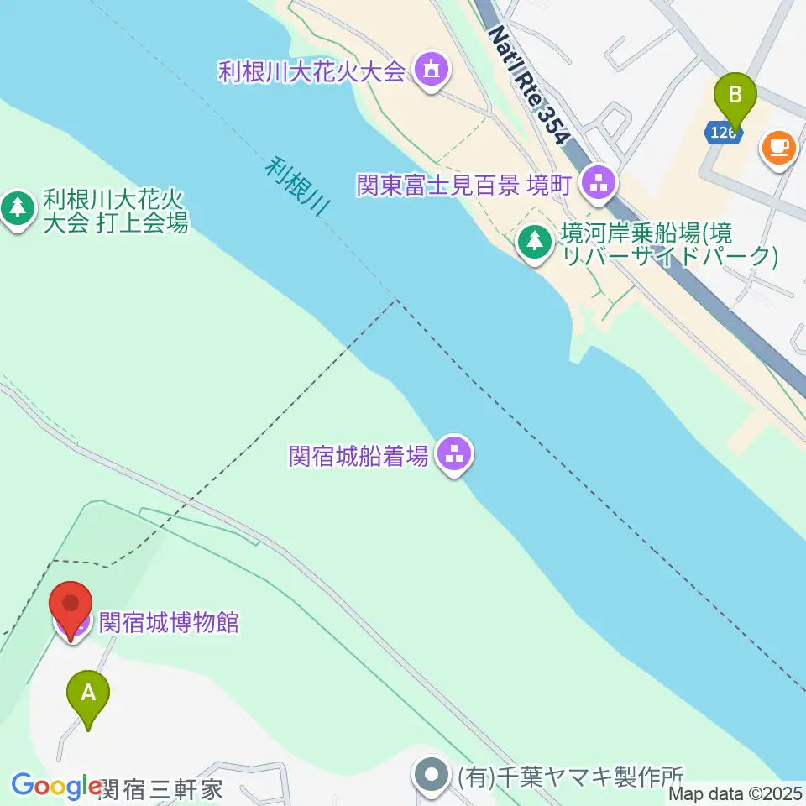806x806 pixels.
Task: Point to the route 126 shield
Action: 723,133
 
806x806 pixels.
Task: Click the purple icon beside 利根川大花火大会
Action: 432,70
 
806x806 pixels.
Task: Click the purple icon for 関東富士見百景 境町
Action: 599,182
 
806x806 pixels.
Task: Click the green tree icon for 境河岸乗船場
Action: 534,242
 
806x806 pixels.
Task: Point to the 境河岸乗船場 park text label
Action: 667,244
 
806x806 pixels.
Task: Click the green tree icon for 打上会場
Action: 17,209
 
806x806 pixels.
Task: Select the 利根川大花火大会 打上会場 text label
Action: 114,211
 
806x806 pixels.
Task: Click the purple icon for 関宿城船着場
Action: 455,455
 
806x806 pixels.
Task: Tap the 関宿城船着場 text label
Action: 359,456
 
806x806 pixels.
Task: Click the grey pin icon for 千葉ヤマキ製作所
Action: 433,774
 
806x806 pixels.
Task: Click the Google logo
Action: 56,786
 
